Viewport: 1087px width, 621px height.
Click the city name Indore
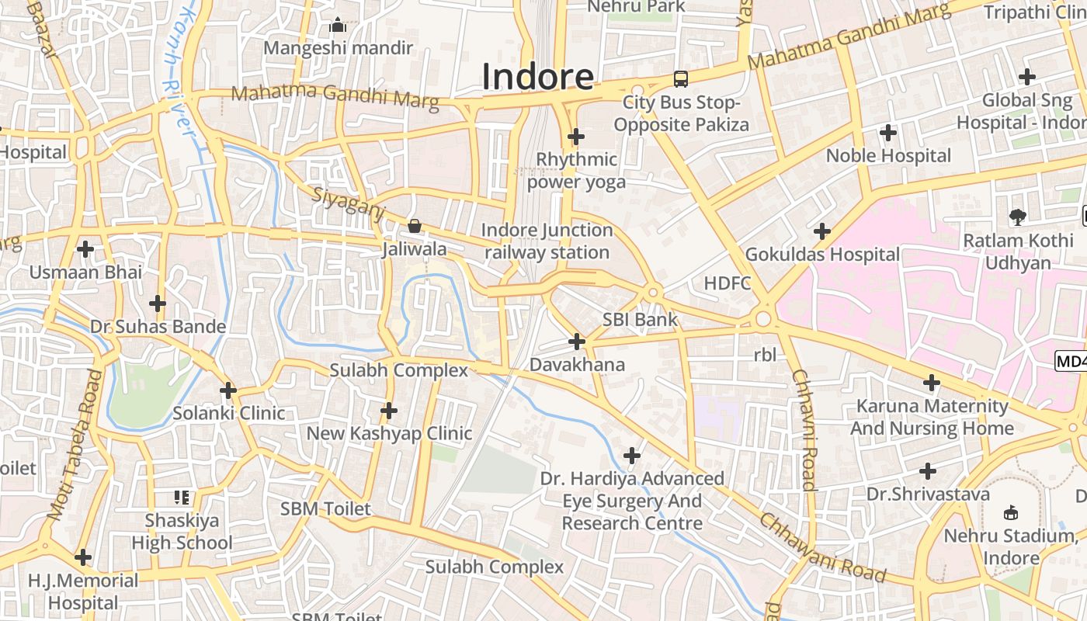pyautogui.click(x=538, y=77)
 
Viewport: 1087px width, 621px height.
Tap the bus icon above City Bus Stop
pyautogui.click(x=680, y=78)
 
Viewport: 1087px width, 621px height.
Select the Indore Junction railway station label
pyautogui.click(x=547, y=241)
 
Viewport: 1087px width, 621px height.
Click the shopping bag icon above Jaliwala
pyautogui.click(x=415, y=226)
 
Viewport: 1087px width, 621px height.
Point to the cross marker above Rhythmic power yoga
pyautogui.click(x=575, y=137)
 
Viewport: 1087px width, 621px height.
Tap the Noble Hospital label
pyautogui.click(x=888, y=155)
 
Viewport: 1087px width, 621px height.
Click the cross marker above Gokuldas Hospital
pyautogui.click(x=821, y=231)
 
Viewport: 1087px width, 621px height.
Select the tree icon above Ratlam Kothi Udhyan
pyautogui.click(x=1017, y=217)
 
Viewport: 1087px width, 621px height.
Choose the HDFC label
pyautogui.click(x=728, y=283)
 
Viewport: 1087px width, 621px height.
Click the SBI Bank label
pyautogui.click(x=640, y=320)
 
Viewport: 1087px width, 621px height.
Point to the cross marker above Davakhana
pyautogui.click(x=577, y=342)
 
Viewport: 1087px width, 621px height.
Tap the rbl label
pyautogui.click(x=765, y=356)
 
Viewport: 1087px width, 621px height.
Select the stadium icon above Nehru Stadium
pyautogui.click(x=1011, y=512)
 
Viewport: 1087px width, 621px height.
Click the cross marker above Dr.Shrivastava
pyautogui.click(x=927, y=471)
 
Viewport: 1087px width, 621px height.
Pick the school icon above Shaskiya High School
pyautogui.click(x=182, y=497)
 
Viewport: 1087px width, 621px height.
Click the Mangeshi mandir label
pyautogui.click(x=338, y=48)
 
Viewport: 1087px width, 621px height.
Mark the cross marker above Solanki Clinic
pyautogui.click(x=228, y=390)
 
